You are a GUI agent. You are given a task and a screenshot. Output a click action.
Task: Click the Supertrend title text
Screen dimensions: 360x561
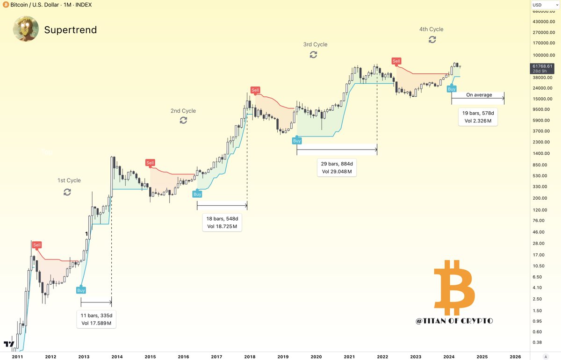click(70, 30)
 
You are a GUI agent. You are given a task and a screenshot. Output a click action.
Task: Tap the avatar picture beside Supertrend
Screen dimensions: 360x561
click(26, 29)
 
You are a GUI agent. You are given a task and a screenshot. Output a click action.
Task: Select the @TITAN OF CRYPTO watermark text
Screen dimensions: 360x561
click(454, 321)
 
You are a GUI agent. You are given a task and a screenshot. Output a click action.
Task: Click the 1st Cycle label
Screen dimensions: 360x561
click(69, 180)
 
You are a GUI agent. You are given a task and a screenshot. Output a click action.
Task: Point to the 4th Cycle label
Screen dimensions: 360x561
click(431, 29)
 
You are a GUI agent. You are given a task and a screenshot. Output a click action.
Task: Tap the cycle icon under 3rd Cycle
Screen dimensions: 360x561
click(313, 55)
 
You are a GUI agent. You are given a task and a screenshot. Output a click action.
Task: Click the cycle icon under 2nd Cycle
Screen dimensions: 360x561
click(183, 120)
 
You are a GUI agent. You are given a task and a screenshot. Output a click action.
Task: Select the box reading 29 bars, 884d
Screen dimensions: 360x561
click(337, 168)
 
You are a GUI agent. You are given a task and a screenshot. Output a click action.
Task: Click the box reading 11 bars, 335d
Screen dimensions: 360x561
click(96, 319)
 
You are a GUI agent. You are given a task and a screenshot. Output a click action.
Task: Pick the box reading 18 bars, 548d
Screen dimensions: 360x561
click(222, 223)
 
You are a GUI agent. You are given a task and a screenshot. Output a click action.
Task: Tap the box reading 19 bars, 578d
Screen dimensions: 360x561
click(478, 117)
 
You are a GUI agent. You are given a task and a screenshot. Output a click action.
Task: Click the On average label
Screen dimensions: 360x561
click(479, 95)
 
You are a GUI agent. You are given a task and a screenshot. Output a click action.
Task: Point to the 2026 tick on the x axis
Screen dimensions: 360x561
click(515, 356)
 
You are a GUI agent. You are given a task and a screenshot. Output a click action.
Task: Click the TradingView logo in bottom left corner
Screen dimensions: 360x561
click(8, 345)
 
